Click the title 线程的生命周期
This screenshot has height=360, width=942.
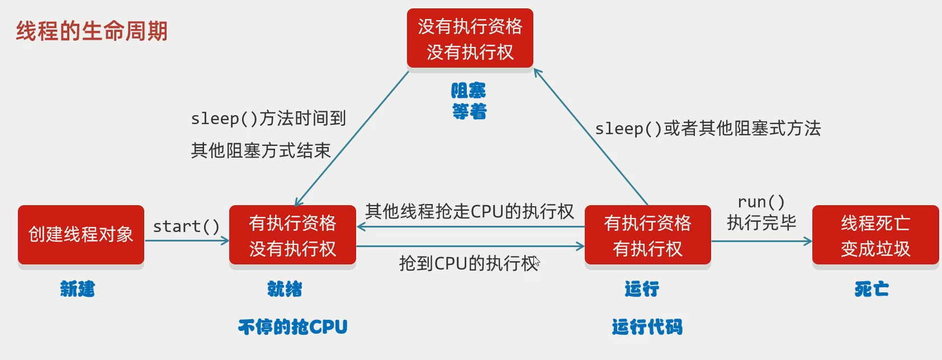point(92,31)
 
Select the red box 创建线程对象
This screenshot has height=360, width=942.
point(81,235)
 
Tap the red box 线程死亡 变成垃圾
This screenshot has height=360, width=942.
point(875,235)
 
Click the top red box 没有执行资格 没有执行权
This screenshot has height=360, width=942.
point(470,39)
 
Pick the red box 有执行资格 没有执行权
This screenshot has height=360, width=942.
point(292,235)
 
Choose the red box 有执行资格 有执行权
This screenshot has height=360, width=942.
point(647,235)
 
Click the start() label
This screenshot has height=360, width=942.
point(186,226)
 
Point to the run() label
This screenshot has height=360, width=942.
point(761,202)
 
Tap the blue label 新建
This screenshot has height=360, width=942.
point(78,289)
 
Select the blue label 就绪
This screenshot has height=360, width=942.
point(285,289)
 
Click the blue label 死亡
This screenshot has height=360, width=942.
point(872,289)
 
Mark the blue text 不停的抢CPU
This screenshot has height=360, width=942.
point(292,326)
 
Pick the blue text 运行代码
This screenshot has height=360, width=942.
point(647,326)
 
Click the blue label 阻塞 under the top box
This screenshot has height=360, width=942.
point(468,91)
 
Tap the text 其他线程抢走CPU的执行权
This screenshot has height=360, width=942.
point(469,211)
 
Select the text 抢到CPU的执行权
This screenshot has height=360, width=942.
point(468,263)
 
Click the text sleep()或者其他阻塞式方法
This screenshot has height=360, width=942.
point(708,129)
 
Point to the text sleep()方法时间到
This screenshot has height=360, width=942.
point(268,119)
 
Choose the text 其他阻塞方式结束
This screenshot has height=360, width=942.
point(261,150)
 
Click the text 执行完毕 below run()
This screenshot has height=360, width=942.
point(761,223)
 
